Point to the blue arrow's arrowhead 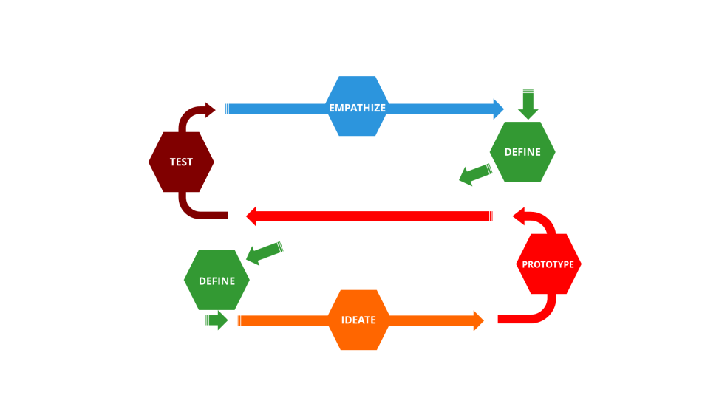coord(499,109)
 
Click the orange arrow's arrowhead coord(478,320)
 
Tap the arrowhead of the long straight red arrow coord(251,216)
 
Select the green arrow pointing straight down coord(528,104)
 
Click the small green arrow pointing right coord(217,320)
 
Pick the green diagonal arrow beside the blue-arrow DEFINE coord(474,175)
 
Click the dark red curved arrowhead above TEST coord(210,110)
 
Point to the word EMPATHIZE coord(357,108)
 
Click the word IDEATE coord(358,320)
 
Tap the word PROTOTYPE coord(548,264)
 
